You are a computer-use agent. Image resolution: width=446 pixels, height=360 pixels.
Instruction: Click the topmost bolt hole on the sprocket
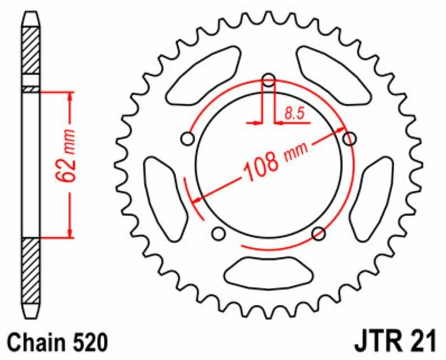point(269,80)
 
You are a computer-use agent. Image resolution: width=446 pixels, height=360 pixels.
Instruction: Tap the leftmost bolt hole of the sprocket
point(188,138)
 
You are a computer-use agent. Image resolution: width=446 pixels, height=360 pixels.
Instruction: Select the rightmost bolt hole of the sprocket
point(350,139)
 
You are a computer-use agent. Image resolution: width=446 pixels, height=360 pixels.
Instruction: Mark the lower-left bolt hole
point(219,233)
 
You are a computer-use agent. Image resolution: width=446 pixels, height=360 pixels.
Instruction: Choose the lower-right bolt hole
point(319,233)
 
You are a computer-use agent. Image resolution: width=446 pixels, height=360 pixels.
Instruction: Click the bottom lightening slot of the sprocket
point(269,272)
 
